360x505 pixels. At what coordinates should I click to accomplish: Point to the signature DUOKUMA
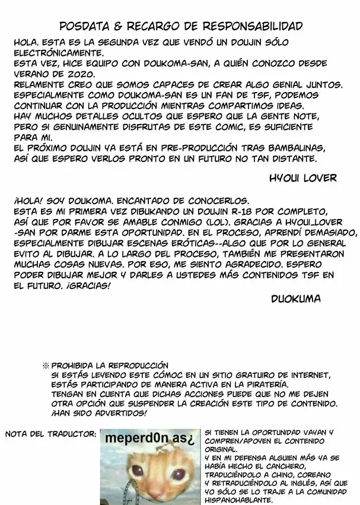pyautogui.click(x=297, y=299)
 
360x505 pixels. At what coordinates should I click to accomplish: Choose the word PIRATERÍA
pyautogui.click(x=242, y=385)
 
